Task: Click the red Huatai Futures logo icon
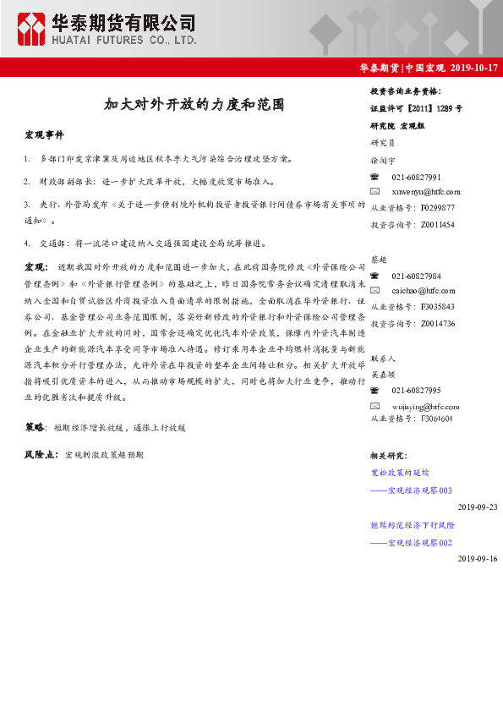pos(33,30)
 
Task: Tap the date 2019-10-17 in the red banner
pos(474,68)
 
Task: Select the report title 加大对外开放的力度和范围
pos(194,106)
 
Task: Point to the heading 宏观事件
pos(44,135)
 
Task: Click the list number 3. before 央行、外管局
pos(28,204)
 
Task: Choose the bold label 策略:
pos(35,428)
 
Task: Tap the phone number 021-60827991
pos(416,177)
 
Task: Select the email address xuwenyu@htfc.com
pos(426,193)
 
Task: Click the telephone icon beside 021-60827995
pos(375,390)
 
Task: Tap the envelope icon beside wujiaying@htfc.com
pos(375,406)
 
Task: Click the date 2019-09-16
pos(478,559)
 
